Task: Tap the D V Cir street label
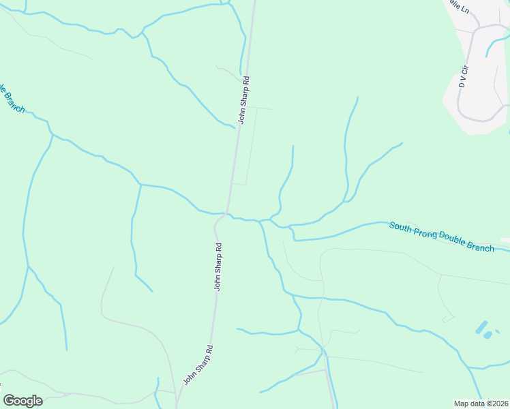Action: pyautogui.click(x=463, y=77)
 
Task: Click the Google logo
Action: pyautogui.click(x=22, y=401)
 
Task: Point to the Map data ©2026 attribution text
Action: pyautogui.click(x=481, y=404)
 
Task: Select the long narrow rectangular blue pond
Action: pyautogui.click(x=481, y=327)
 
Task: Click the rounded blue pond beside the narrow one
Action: pyautogui.click(x=487, y=335)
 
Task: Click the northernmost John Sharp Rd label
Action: pyautogui.click(x=244, y=100)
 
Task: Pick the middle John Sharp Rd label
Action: pyautogui.click(x=218, y=267)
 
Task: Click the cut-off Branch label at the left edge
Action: pyautogui.click(x=12, y=98)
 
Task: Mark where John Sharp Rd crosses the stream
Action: pyautogui.click(x=226, y=213)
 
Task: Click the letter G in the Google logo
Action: pyautogui.click(x=9, y=401)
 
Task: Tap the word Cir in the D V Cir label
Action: pyautogui.click(x=465, y=70)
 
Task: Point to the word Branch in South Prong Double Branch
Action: pyautogui.click(x=481, y=245)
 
